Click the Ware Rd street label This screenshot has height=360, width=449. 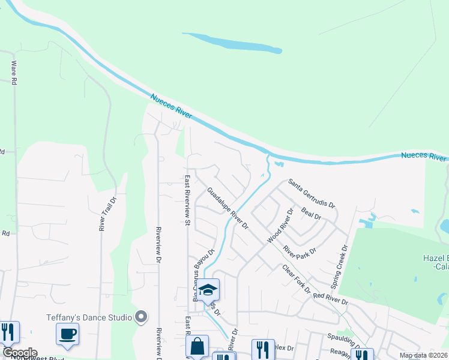[x=13, y=73]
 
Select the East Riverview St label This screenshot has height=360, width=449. [x=187, y=200]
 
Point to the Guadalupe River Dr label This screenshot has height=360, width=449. [x=228, y=208]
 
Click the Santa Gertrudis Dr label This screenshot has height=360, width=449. [x=311, y=193]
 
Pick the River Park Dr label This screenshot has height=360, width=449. [x=300, y=250]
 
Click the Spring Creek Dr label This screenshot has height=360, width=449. [x=340, y=265]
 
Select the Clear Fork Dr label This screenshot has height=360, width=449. [x=296, y=279]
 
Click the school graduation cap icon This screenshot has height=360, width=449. [x=208, y=290]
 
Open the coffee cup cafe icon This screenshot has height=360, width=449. [x=67, y=333]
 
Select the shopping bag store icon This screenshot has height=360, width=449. [x=197, y=346]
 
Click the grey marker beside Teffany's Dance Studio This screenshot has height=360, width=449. [x=142, y=316]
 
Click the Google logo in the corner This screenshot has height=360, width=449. [x=20, y=353]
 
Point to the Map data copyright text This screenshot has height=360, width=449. [x=423, y=355]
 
